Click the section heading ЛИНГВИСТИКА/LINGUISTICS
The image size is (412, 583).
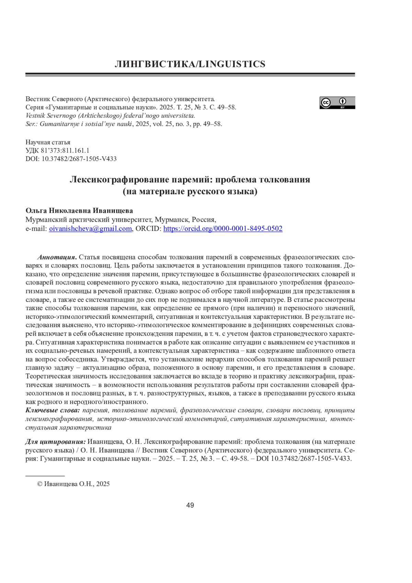pos(190,64)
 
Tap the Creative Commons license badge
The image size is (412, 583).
pos(337,103)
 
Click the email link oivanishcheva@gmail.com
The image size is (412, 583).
pos(90,229)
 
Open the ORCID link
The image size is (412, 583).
pos(223,229)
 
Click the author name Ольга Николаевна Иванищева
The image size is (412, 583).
pos(79,211)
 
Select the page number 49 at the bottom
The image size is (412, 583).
pos(190,505)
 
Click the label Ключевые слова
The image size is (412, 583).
pos(53,411)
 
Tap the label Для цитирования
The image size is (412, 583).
pos(56,442)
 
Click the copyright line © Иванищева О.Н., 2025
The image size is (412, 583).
pos(73,484)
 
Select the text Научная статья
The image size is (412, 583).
pos(48,142)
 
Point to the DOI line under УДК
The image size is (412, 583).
pos(71,159)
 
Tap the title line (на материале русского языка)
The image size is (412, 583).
pos(190,191)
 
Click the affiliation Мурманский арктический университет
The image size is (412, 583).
pos(89,220)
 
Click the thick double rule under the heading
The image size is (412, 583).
pos(190,74)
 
